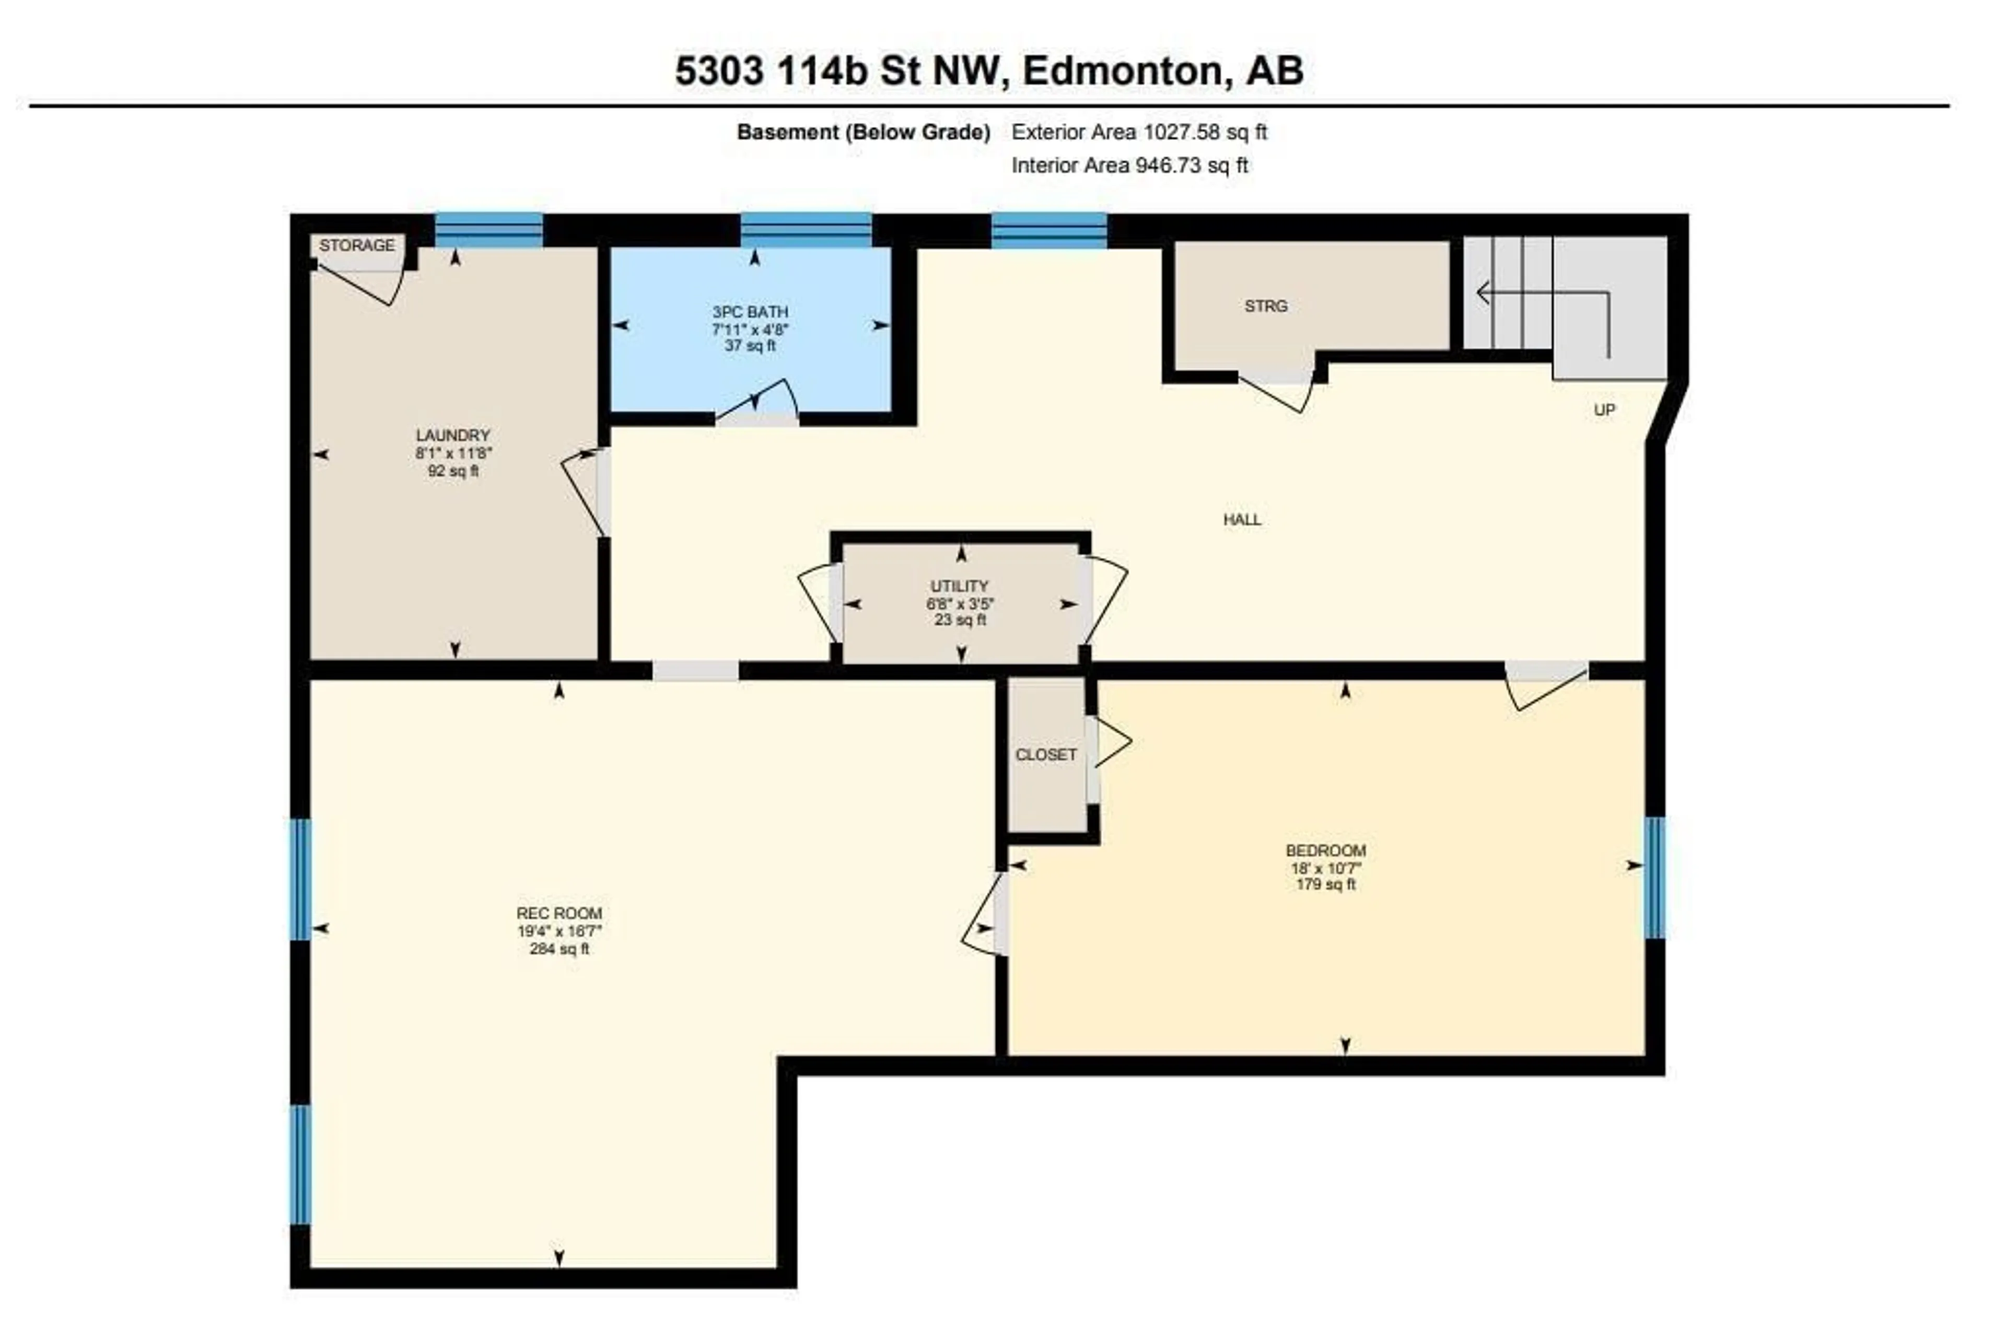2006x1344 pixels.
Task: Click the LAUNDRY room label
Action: pyautogui.click(x=452, y=436)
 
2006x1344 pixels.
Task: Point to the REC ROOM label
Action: pyautogui.click(x=559, y=913)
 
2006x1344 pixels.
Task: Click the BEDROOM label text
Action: pyautogui.click(x=1325, y=850)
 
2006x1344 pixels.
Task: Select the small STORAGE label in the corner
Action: pyautogui.click(x=357, y=245)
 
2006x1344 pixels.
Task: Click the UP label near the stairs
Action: pyautogui.click(x=1604, y=410)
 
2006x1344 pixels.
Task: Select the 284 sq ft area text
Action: pyautogui.click(x=559, y=949)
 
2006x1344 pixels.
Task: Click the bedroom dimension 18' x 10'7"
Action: pyautogui.click(x=1325, y=868)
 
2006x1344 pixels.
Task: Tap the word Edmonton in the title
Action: pyautogui.click(x=1122, y=71)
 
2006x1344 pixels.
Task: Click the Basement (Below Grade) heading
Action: pyautogui.click(x=864, y=132)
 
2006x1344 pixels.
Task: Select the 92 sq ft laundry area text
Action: pyautogui.click(x=452, y=471)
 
